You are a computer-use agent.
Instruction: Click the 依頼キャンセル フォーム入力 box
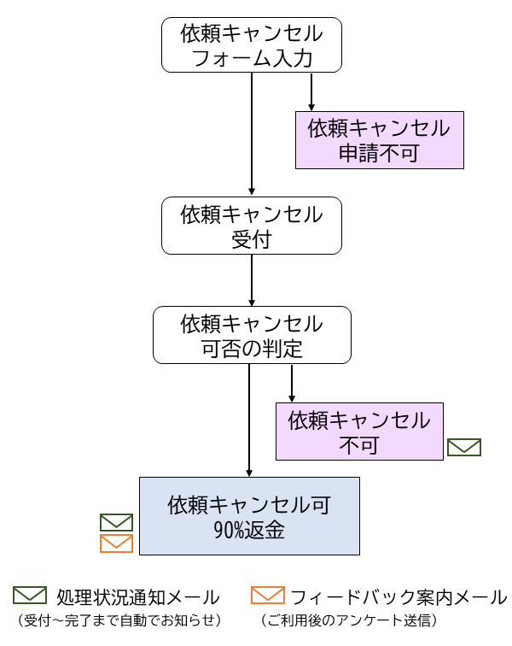(x=252, y=46)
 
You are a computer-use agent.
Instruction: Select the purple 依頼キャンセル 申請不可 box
(x=380, y=141)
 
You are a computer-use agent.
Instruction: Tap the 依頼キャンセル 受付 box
(x=252, y=226)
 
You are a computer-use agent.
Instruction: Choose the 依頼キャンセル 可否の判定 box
(x=252, y=336)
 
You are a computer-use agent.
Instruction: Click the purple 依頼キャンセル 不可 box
(x=359, y=432)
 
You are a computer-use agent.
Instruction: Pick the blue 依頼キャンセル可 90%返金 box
(x=249, y=516)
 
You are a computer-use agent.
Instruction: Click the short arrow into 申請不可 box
(x=311, y=92)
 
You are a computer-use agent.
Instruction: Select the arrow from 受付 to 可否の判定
(x=252, y=279)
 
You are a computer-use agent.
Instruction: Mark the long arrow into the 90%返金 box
(x=249, y=419)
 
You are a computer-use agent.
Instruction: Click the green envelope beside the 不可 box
(x=465, y=447)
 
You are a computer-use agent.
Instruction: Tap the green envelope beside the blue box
(x=117, y=522)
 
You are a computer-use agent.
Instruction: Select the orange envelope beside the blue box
(x=117, y=543)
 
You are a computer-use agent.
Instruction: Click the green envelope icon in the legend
(x=30, y=596)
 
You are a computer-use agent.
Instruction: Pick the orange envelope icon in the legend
(x=268, y=596)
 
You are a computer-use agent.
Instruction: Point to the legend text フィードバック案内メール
(x=399, y=596)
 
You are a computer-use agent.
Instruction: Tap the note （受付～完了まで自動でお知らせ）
(x=119, y=620)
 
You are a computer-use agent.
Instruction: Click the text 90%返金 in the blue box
(x=249, y=531)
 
